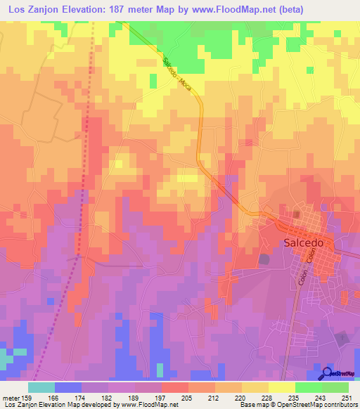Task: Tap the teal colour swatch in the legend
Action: coord(41,387)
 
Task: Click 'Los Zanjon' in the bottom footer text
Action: coord(17,405)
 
